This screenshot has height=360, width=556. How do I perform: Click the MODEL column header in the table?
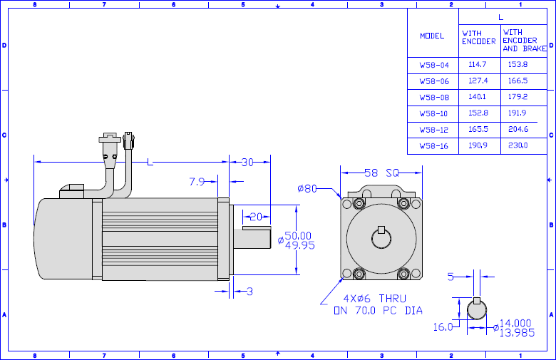[x=432, y=36]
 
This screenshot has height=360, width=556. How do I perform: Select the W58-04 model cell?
[x=434, y=65]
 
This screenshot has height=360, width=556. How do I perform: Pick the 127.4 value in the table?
[x=478, y=81]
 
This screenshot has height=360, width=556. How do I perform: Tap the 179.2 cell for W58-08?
[x=518, y=96]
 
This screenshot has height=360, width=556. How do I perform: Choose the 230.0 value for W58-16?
[x=518, y=145]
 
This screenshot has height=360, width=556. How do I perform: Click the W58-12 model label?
[x=434, y=130]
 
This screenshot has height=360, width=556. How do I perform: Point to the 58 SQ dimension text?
[x=381, y=173]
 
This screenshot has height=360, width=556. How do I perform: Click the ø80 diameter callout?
[x=307, y=188]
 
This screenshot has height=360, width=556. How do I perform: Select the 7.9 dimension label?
[x=197, y=182]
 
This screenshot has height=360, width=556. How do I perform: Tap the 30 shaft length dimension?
[x=247, y=162]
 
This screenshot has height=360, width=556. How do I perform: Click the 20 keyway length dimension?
[x=256, y=216]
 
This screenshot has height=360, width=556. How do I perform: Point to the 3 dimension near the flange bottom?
[x=249, y=292]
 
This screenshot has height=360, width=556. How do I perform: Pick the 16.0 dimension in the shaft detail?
[x=443, y=326]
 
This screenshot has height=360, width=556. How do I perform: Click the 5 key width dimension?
[x=451, y=277]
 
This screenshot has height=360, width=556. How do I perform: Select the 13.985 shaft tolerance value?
[x=517, y=333]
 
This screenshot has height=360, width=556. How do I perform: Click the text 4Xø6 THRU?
[x=374, y=298]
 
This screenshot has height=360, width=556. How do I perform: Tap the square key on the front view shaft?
[x=381, y=230]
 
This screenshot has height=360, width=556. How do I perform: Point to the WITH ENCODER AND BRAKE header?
[x=525, y=41]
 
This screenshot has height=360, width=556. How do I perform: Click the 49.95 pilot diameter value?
[x=300, y=245]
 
